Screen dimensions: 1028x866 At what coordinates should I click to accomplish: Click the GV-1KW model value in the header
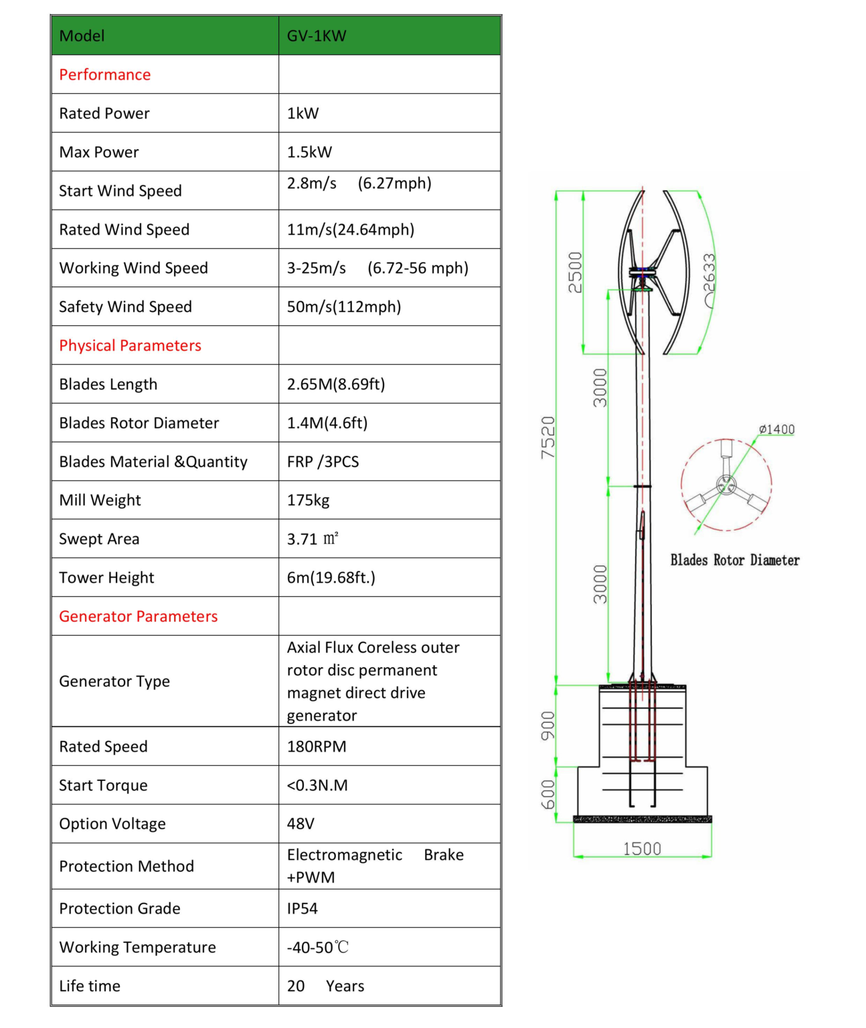[x=317, y=36]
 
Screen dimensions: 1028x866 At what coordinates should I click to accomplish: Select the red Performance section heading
[x=105, y=75]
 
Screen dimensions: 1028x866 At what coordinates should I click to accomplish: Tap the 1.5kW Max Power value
[x=309, y=152]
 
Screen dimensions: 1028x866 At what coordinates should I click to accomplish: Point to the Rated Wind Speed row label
[x=124, y=230]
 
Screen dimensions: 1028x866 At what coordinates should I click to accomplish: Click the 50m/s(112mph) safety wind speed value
[x=344, y=307]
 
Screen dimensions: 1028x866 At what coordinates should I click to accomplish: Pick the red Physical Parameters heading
[x=131, y=345]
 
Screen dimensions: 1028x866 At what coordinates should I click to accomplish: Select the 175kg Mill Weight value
[x=308, y=500]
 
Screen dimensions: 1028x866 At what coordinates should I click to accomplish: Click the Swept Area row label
[x=99, y=539]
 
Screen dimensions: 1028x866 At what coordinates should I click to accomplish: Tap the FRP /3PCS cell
[x=323, y=462]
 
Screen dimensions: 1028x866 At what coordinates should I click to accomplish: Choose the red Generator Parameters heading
[x=139, y=616]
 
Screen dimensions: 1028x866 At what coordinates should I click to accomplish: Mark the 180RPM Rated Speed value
[x=317, y=746]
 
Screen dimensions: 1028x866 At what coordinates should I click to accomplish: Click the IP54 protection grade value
[x=302, y=908]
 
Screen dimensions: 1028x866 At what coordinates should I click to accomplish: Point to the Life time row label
[x=90, y=986]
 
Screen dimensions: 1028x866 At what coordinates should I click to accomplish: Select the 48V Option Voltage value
[x=300, y=824]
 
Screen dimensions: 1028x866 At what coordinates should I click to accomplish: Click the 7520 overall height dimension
[x=548, y=438]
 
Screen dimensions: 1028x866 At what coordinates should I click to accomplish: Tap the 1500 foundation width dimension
[x=642, y=849]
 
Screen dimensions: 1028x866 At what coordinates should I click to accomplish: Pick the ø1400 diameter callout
[x=776, y=429]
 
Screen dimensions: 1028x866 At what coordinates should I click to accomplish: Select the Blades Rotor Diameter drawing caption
[x=735, y=560]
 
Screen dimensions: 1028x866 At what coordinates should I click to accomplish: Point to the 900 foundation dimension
[x=548, y=725]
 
